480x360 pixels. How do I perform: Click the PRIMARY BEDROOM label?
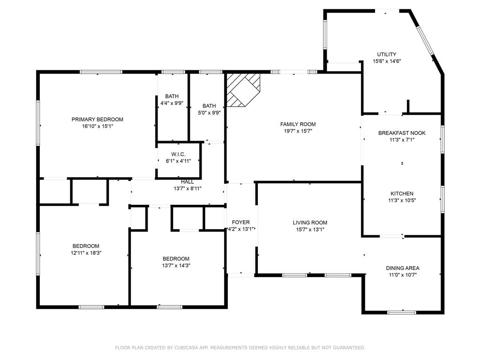click(x=97, y=120)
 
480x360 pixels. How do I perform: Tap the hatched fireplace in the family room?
click(x=243, y=90)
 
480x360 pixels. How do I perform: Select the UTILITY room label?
click(x=387, y=54)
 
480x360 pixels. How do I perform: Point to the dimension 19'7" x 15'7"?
click(x=298, y=131)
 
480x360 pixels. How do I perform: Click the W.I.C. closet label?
click(x=178, y=154)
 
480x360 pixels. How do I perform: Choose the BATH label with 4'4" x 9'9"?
click(x=172, y=96)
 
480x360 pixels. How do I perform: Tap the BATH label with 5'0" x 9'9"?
click(x=209, y=105)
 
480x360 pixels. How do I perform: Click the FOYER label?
click(x=240, y=222)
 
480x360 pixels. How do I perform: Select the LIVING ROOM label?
click(x=310, y=223)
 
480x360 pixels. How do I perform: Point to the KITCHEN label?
click(x=402, y=194)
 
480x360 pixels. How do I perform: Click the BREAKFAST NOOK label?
click(x=402, y=133)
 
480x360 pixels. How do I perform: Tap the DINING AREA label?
click(x=403, y=268)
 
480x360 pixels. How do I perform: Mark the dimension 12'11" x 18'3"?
click(x=86, y=253)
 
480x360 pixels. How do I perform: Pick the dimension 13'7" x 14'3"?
click(x=176, y=265)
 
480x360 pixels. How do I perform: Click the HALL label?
click(x=187, y=182)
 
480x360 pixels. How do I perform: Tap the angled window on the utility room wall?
click(x=425, y=41)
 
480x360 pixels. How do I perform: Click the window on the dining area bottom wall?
click(x=402, y=312)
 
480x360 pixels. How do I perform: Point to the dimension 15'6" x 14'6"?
click(x=387, y=61)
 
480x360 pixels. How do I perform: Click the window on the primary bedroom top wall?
click(x=101, y=72)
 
